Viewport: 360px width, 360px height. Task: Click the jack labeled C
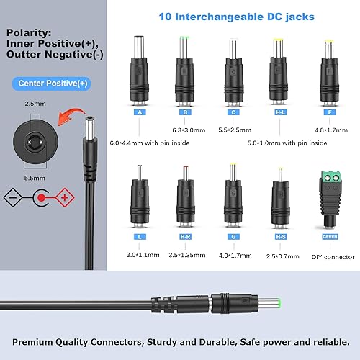(233, 76)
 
